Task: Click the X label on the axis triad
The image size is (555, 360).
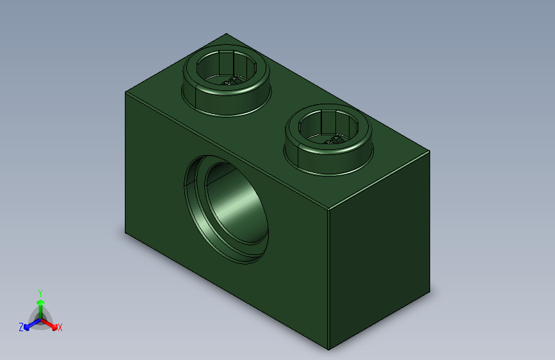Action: click(60, 328)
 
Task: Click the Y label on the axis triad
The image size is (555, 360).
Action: click(40, 291)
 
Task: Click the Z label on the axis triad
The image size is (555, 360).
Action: click(21, 327)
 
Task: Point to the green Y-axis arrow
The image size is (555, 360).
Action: click(40, 304)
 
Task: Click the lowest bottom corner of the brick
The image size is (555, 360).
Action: click(329, 350)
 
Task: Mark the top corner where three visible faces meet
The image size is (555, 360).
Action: click(328, 209)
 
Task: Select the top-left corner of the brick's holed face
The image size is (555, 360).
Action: click(125, 92)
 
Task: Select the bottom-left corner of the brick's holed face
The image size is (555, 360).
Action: click(125, 234)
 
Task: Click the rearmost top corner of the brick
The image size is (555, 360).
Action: click(226, 33)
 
